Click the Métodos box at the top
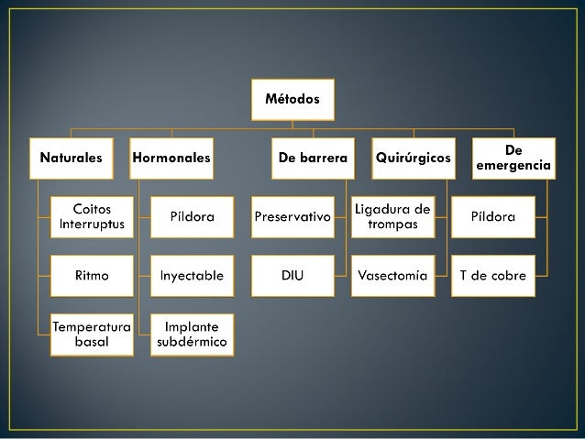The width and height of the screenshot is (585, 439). coord(293,99)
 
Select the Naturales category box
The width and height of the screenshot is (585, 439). coord(70,158)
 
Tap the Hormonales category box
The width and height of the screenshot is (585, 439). coord(171,158)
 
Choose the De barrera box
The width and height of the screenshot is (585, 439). coord(313,158)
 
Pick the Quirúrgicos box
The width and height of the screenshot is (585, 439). coord(414,158)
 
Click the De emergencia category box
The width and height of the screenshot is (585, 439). coord(513,158)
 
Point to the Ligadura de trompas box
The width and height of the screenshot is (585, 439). coord(392,216)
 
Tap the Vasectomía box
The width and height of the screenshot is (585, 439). coord(392,275)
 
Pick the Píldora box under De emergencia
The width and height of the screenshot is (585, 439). coord(493,217)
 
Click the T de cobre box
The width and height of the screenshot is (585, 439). coord(493,275)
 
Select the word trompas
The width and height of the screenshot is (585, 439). coord(392,225)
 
